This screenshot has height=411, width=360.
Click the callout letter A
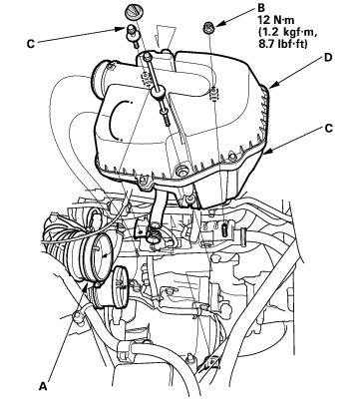[43, 386]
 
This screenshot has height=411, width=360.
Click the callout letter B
[261, 8]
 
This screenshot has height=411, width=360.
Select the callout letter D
[328, 58]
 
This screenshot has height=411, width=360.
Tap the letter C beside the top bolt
[31, 44]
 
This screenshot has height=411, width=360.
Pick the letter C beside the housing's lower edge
[328, 128]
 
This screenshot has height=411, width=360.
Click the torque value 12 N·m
[276, 20]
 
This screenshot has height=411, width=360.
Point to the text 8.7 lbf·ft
[283, 44]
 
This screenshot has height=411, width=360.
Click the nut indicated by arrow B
[208, 27]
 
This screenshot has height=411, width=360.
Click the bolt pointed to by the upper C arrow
[131, 34]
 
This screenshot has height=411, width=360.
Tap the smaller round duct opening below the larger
[121, 286]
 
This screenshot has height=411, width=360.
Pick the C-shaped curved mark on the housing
[117, 120]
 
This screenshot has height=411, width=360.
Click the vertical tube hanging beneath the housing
[156, 211]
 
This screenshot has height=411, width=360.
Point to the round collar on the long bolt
[159, 91]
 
